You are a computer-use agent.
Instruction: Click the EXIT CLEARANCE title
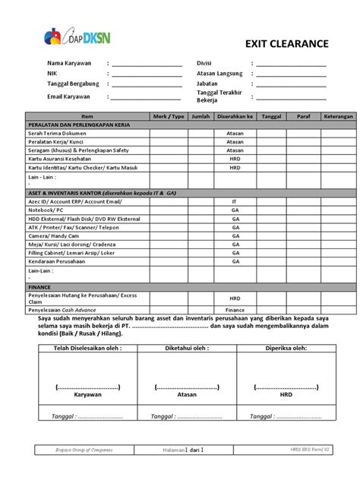[x=286, y=44]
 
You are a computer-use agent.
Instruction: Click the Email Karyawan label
[x=68, y=96]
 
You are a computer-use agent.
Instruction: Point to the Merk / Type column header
[x=168, y=116]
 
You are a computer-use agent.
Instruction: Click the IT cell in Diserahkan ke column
[x=235, y=201]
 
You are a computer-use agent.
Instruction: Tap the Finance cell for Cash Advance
[x=235, y=311]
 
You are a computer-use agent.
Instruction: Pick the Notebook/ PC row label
[x=46, y=209]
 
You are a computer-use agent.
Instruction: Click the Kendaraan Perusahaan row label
[x=61, y=261]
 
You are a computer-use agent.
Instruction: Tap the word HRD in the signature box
[x=286, y=396]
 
